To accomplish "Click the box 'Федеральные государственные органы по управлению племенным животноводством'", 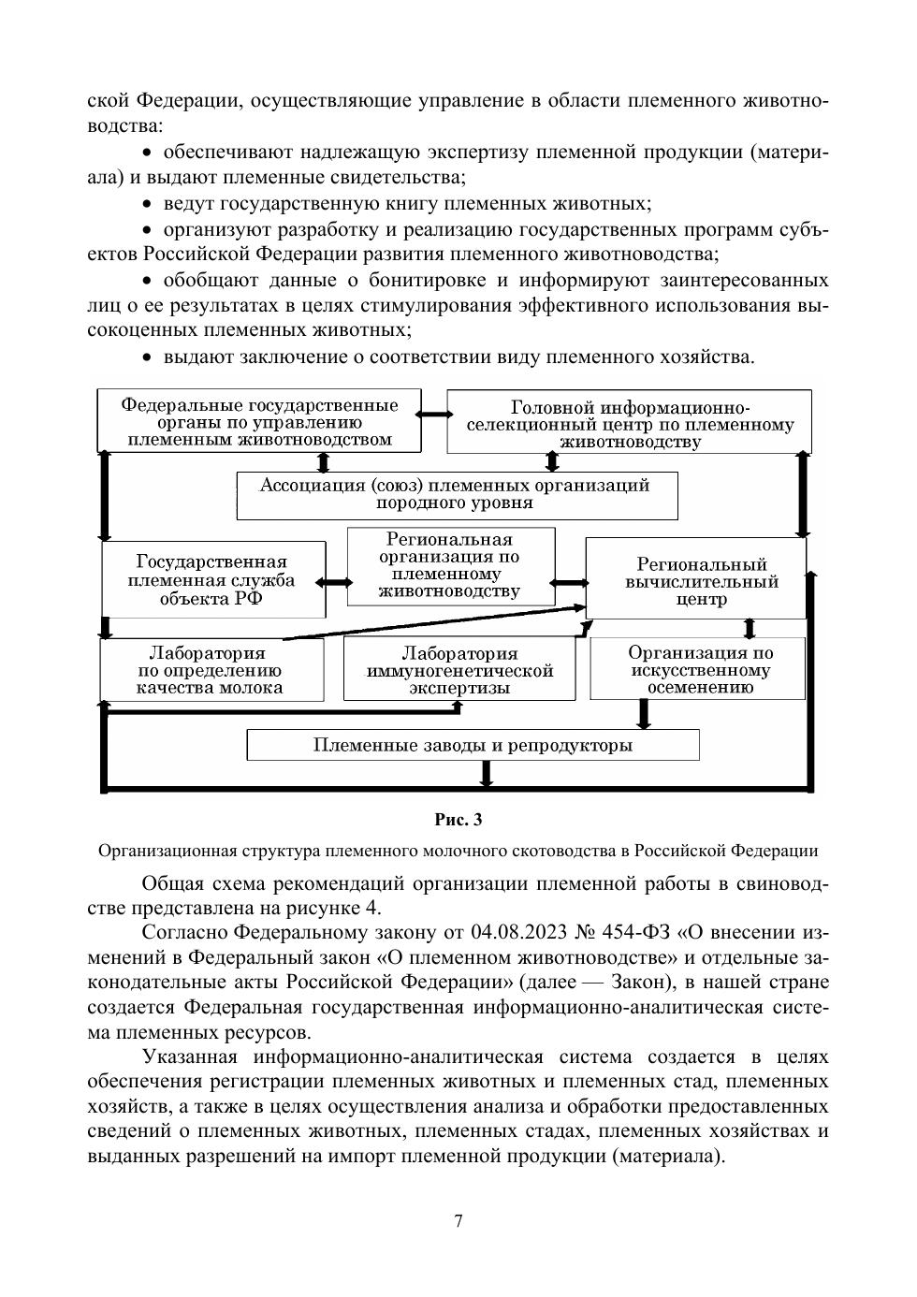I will (259, 421).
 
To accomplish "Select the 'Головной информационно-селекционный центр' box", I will (629, 423).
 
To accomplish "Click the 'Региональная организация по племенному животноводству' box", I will (450, 565).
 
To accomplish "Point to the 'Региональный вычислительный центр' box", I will (694, 580).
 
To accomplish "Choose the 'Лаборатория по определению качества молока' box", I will (211, 670).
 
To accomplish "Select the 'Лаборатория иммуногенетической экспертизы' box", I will (458, 670).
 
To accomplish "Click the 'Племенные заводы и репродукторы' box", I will (473, 746).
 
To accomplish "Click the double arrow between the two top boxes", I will (432, 413).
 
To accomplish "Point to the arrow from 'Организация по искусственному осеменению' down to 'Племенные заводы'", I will (643, 714).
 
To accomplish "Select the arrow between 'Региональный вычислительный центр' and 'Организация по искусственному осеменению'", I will (749, 627).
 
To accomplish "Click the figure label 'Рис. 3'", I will (458, 820).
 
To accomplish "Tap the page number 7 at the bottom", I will (458, 1221).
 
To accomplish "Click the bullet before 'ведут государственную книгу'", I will (147, 204).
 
